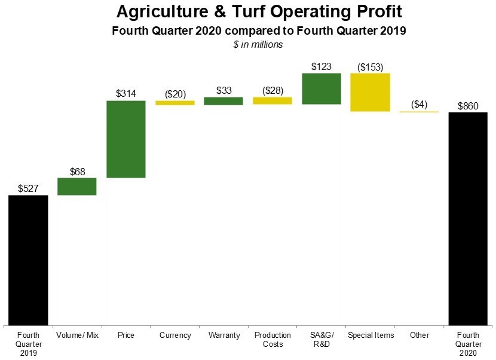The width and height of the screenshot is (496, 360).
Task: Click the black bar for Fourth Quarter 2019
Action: [28, 260]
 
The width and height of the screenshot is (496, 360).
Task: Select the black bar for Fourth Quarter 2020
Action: [468, 218]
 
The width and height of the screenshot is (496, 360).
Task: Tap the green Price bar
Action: [126, 139]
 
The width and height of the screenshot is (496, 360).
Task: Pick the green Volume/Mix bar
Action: [77, 187]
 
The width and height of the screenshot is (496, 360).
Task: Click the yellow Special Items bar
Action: [371, 92]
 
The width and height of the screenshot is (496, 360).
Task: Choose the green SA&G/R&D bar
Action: [322, 89]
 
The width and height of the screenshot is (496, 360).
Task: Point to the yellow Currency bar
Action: [175, 103]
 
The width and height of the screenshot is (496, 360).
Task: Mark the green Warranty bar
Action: [223, 101]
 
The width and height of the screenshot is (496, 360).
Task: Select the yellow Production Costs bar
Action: [273, 101]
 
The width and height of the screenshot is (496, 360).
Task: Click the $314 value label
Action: [126, 93]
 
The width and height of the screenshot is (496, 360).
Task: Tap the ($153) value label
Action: [371, 67]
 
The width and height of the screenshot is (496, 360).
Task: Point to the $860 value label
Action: [468, 106]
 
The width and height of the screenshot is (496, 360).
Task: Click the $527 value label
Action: [28, 188]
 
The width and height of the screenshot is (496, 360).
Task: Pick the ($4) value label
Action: [420, 105]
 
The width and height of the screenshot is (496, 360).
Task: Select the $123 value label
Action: [322, 66]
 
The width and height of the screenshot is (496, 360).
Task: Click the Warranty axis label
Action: [223, 335]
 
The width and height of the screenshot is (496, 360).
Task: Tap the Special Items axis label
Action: [371, 335]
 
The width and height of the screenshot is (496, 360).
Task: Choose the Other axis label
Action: [420, 335]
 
